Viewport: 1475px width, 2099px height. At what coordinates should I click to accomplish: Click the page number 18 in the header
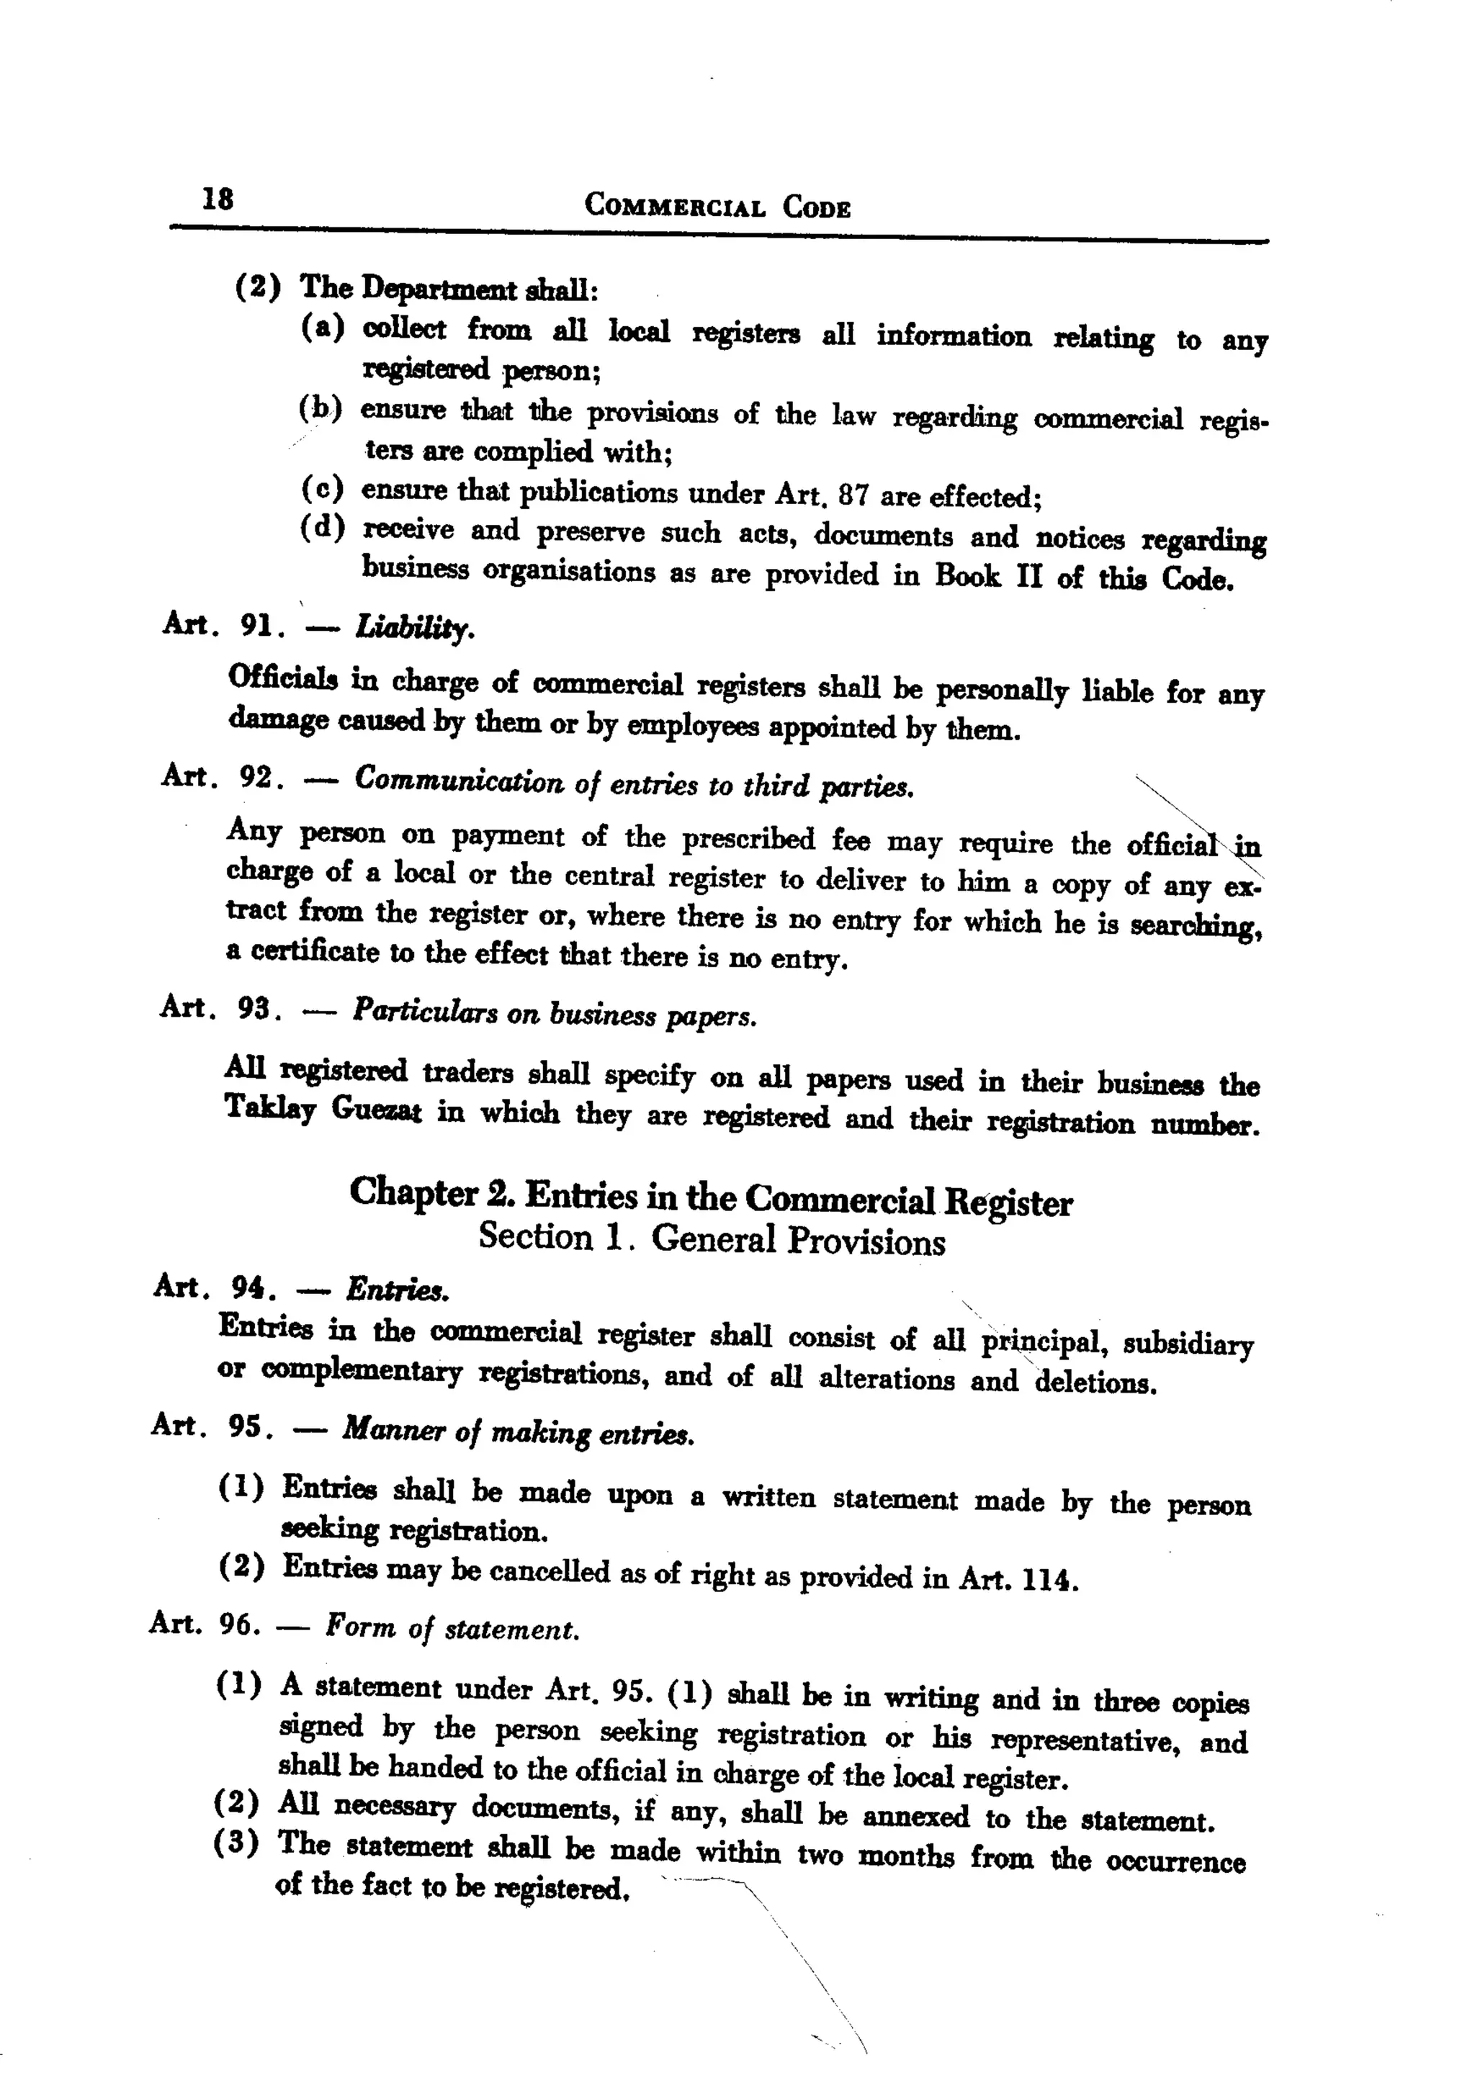218,199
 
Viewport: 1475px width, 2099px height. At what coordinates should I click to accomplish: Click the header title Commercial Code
717,206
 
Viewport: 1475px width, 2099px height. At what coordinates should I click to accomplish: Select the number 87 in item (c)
853,495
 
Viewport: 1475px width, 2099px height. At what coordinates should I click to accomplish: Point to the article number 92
257,777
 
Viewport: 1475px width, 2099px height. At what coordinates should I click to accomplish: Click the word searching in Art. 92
1197,925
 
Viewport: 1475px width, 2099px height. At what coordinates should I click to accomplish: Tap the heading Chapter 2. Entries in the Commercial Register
711,1197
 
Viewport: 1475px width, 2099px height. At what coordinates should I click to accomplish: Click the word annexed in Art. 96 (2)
915,1815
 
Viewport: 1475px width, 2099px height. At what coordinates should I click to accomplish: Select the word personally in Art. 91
1001,691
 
